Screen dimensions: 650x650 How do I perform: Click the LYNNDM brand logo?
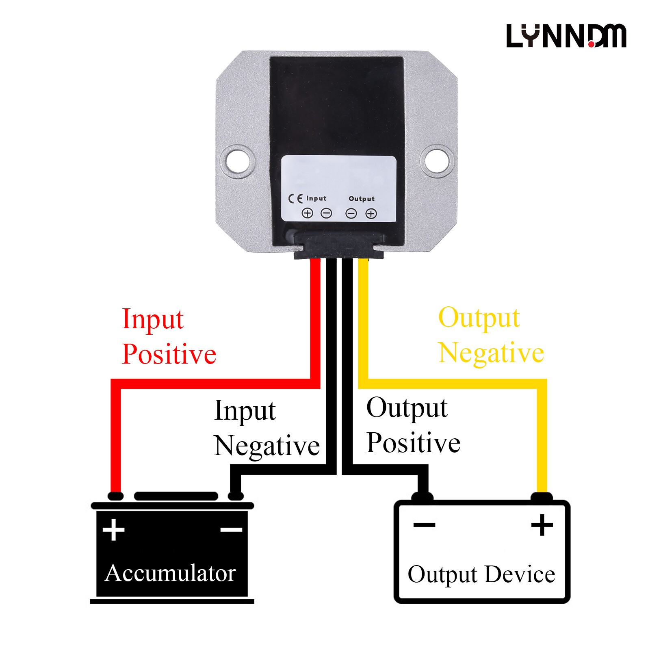click(566, 36)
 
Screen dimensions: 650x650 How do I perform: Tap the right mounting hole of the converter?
click(437, 160)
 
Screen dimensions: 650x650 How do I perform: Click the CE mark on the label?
click(295, 199)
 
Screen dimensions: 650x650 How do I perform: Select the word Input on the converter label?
click(316, 198)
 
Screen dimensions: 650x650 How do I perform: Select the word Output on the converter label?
click(362, 199)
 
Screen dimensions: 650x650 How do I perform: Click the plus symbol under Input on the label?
click(307, 213)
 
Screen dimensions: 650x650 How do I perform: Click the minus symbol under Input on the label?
click(326, 213)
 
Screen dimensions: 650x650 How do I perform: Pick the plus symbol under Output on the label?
click(371, 213)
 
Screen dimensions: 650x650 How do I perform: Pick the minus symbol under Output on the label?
click(351, 213)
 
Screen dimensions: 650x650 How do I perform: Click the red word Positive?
click(169, 354)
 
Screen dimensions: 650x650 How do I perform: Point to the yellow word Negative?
click(491, 353)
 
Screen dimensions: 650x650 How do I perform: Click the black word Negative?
click(267, 446)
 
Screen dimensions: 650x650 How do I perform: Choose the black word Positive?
click(413, 442)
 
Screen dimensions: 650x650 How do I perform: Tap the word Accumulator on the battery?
click(170, 573)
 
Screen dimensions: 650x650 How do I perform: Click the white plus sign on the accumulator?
click(113, 530)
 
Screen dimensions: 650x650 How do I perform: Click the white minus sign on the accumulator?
click(231, 530)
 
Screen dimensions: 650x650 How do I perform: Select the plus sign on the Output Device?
click(542, 525)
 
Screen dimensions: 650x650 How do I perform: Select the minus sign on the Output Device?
click(424, 525)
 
